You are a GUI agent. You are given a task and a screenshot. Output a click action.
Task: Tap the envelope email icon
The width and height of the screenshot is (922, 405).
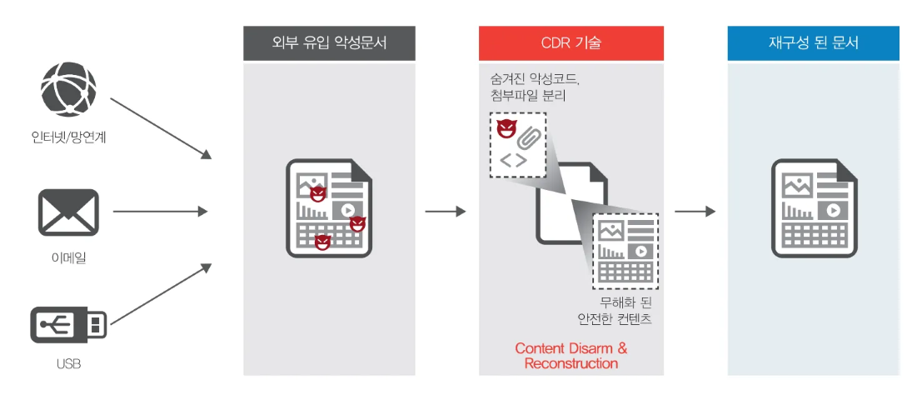pos(68,212)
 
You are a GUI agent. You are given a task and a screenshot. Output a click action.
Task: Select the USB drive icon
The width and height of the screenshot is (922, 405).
pos(68,323)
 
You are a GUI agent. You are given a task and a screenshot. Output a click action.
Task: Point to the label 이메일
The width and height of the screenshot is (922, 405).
pos(68,257)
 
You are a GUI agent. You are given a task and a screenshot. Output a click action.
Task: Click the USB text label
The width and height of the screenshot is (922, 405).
pos(68,364)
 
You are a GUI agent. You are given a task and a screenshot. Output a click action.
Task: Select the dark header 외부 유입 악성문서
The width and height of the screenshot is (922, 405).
pos(329,43)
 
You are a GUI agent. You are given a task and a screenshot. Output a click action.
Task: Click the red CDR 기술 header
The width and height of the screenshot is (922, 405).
pos(571,43)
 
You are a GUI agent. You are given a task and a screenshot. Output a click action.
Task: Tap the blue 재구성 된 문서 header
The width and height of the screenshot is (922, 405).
pos(813,43)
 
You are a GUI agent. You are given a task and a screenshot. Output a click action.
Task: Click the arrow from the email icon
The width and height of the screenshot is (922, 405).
pos(160,212)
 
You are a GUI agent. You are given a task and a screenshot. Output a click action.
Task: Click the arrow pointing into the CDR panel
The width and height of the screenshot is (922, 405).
pos(446,212)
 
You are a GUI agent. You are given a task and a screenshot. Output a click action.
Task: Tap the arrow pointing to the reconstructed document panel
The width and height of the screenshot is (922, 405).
pos(695,212)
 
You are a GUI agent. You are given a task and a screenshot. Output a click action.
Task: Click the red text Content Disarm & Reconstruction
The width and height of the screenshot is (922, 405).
pos(571,356)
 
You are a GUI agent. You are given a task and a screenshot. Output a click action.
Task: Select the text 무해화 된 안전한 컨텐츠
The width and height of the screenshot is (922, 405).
pos(615,310)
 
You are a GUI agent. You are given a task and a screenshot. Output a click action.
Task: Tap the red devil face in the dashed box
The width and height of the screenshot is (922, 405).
pos(506,129)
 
